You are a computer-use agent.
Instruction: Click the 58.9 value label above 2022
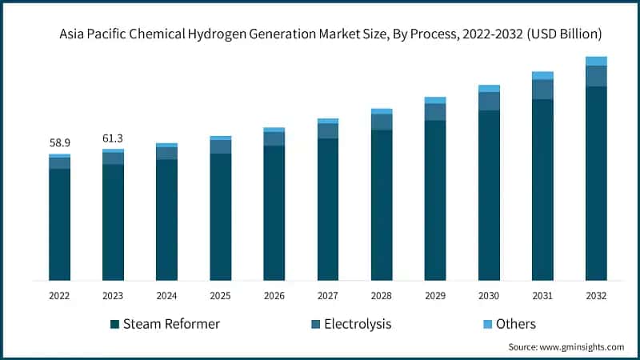(x=59, y=142)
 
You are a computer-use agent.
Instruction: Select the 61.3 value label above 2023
(x=113, y=138)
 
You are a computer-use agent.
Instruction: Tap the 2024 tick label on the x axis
(x=166, y=296)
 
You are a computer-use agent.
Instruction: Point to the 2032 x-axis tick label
(x=596, y=296)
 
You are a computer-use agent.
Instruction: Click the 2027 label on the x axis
(x=327, y=296)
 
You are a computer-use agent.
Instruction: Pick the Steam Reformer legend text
(x=172, y=324)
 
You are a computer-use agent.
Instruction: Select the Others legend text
(x=515, y=324)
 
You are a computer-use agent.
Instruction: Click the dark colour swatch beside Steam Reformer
(x=115, y=324)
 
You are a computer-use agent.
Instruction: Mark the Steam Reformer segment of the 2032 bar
(x=596, y=183)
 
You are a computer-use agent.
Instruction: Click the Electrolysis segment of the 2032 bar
(x=596, y=76)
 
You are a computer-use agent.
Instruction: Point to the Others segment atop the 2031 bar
(x=542, y=75)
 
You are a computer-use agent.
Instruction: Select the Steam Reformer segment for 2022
(x=59, y=224)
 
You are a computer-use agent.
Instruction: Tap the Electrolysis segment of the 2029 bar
(x=435, y=112)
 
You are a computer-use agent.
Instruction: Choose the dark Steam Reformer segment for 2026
(x=274, y=213)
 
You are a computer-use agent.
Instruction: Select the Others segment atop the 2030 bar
(x=489, y=88)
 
